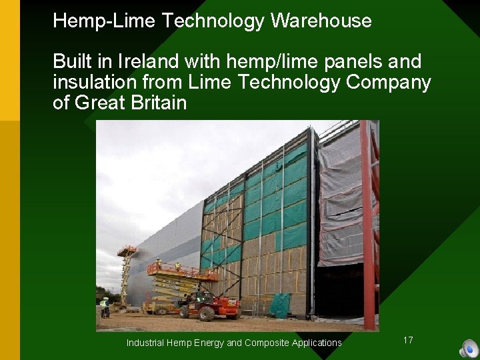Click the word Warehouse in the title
pos(321,21)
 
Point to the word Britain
pos(156,103)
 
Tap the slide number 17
pos(408,340)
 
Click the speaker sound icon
pos(469,348)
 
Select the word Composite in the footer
pos(271,343)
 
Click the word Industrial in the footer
pos(147,343)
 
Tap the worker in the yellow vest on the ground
pos(105,307)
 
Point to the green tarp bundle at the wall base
pos(280,305)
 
